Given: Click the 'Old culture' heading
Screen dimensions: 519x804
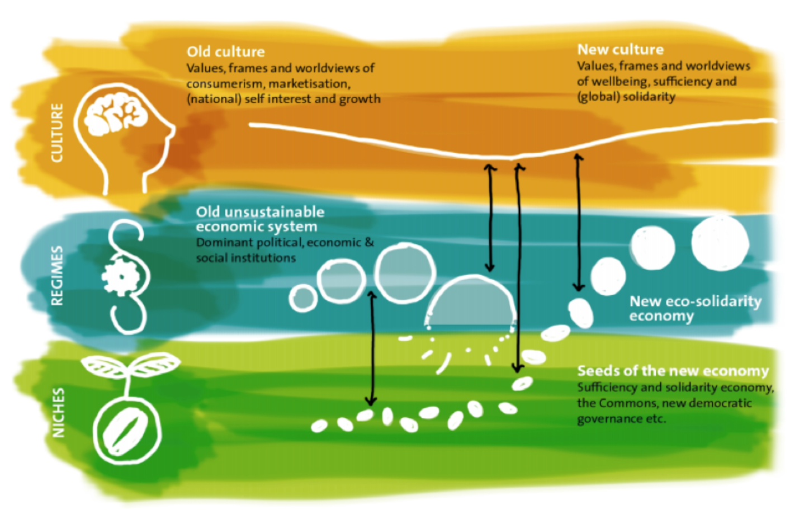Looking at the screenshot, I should click(x=225, y=51).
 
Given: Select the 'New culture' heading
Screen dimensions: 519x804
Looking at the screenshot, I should click(x=620, y=49).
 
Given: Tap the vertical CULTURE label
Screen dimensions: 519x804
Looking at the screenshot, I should click(x=57, y=133).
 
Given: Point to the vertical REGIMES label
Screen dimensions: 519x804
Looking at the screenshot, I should click(x=57, y=276).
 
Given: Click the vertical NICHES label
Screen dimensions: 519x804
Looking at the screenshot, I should click(x=58, y=412).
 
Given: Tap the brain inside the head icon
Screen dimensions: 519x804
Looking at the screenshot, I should click(x=115, y=112).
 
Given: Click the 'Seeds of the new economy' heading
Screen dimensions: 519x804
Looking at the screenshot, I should click(x=673, y=371).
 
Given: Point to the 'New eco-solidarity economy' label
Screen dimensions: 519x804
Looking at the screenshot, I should click(x=695, y=308).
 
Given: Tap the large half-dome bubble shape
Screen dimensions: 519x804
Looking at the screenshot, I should click(x=471, y=302).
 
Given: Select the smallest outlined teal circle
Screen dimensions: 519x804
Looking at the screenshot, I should click(x=303, y=298).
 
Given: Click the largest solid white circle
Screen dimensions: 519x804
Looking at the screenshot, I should click(x=720, y=243).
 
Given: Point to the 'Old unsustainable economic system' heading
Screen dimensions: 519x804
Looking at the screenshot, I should click(x=260, y=219).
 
